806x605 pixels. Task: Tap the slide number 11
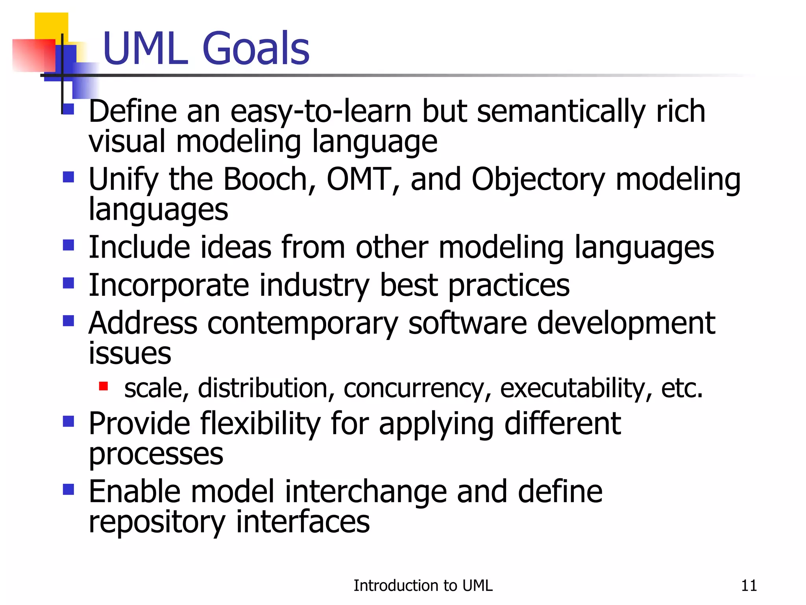749,586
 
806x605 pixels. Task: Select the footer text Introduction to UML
423,586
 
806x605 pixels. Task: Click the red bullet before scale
104,386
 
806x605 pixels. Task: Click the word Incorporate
169,286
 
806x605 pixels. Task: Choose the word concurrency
417,389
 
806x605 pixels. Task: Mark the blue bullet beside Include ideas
68,245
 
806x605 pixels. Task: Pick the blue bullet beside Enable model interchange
68,490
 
